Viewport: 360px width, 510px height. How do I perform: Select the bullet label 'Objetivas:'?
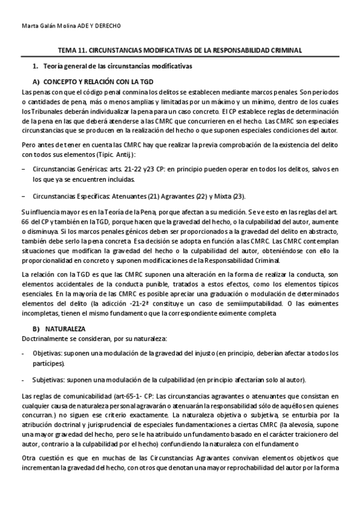(x=48, y=353)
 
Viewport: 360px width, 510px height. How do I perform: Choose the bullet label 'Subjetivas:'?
(x=49, y=379)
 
